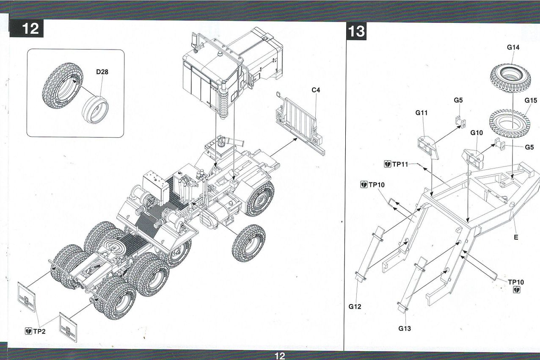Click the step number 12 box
pyautogui.click(x=31, y=29)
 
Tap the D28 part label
pyautogui.click(x=102, y=72)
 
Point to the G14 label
pyautogui.click(x=513, y=47)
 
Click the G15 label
pyautogui.click(x=530, y=100)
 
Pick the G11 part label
pyautogui.click(x=422, y=113)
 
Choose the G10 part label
pyautogui.click(x=477, y=133)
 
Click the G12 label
pyautogui.click(x=355, y=306)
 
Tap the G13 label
pyautogui.click(x=405, y=328)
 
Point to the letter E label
pyautogui.click(x=515, y=237)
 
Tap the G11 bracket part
pyautogui.click(x=428, y=147)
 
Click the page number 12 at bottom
pyautogui.click(x=280, y=356)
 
